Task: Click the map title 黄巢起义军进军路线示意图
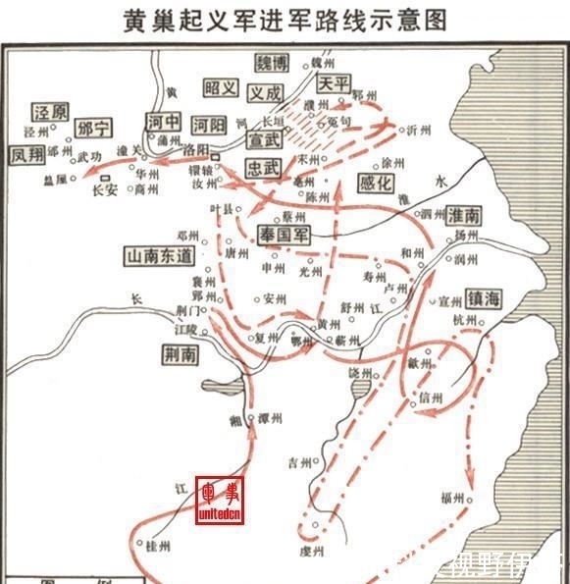point(285,19)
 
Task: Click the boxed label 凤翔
point(28,155)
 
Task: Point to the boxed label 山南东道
point(161,255)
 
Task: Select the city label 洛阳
point(196,148)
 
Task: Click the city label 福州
point(452,498)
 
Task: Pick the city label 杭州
point(463,321)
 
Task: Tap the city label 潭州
point(271,418)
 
